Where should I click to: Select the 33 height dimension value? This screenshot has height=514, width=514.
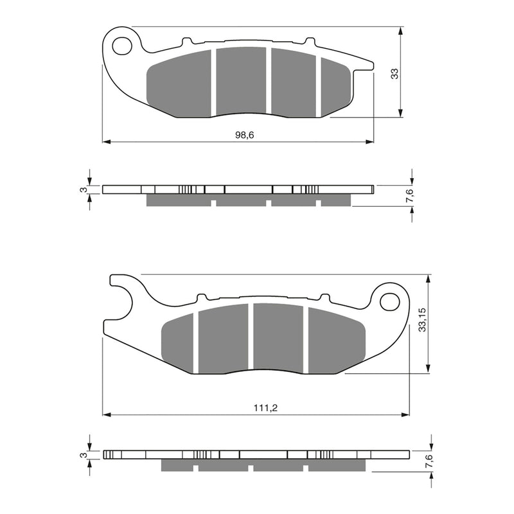[x=395, y=74]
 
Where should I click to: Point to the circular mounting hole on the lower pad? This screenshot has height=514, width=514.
[x=389, y=301]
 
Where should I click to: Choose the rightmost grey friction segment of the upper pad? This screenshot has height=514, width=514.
[x=335, y=89]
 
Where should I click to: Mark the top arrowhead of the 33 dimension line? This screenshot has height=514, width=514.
[x=401, y=31]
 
